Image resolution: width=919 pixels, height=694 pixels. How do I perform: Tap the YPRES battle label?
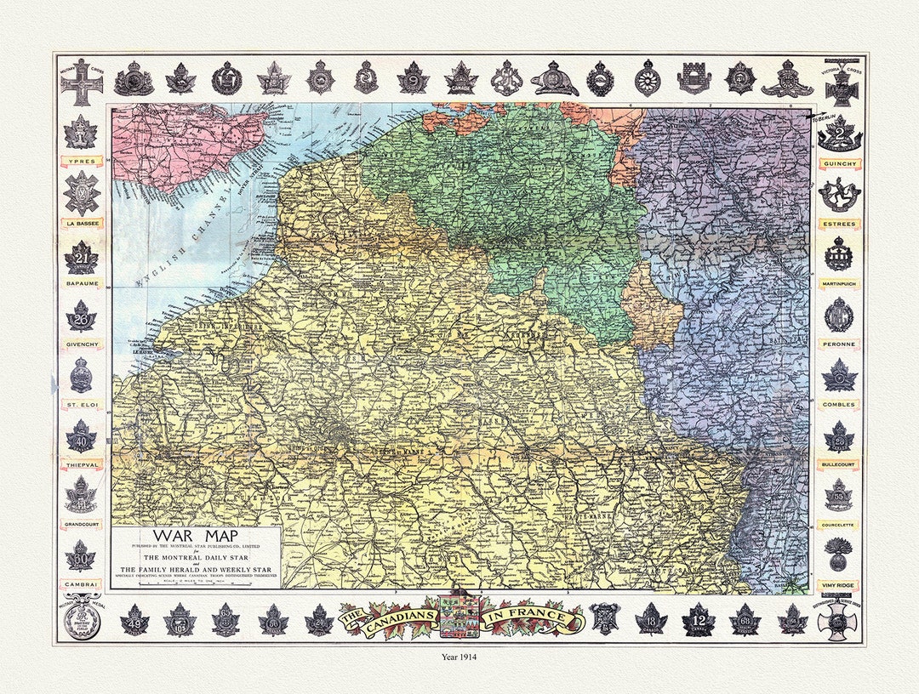81,160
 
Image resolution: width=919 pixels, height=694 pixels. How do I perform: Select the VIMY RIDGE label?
839,586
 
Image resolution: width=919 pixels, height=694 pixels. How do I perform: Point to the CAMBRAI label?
81,584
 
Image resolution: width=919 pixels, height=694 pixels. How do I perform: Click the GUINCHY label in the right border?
839,162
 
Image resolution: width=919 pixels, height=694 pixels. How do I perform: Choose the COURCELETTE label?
839,525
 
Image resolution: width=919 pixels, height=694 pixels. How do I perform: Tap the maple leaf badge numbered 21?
81,258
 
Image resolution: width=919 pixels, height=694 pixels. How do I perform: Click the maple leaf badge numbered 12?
698,619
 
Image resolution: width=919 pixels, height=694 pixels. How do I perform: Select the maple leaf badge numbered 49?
134,620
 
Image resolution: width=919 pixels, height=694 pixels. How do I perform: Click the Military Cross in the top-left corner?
82,82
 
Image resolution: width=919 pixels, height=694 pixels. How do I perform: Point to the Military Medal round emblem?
81,619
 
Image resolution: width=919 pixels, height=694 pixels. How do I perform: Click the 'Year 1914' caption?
459,657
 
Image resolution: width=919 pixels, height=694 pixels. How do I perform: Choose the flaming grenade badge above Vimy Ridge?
838,554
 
